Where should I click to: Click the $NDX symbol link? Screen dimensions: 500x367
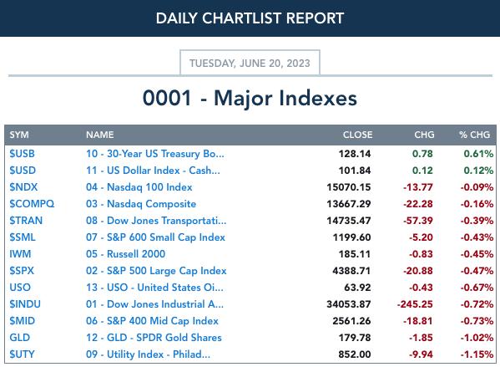click(23, 187)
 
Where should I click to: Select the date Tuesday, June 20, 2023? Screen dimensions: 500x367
click(250, 64)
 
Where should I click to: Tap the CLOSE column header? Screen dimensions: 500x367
click(357, 135)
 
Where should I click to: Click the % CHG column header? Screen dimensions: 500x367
click(474, 135)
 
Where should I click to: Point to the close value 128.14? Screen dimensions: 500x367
click(355, 154)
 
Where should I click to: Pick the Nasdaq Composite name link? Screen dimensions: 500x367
click(141, 204)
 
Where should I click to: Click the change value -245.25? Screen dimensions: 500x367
click(415, 304)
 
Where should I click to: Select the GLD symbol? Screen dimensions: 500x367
click(20, 337)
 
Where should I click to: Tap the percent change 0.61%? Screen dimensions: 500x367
click(478, 154)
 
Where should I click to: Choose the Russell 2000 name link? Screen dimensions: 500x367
click(126, 254)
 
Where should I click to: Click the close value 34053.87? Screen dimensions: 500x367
click(349, 304)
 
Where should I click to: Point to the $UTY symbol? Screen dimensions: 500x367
click(22, 354)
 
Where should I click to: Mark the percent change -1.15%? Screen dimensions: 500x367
click(477, 354)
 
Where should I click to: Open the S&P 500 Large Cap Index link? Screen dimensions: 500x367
click(156, 271)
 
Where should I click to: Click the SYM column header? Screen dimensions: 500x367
click(19, 135)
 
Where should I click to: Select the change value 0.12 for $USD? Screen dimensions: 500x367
click(422, 171)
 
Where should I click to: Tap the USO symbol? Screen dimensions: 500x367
click(20, 287)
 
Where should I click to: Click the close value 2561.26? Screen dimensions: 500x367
click(351, 321)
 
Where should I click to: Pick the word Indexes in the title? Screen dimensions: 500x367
click(318, 98)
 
